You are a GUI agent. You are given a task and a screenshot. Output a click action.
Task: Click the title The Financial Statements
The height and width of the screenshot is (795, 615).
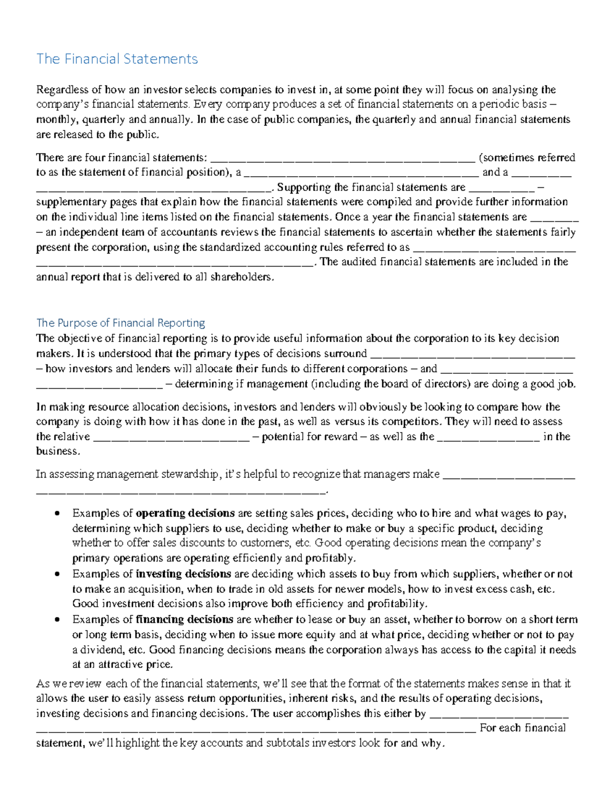pyautogui.click(x=117, y=59)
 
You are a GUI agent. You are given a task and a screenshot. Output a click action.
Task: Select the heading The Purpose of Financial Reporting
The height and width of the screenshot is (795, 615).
pyautogui.click(x=120, y=323)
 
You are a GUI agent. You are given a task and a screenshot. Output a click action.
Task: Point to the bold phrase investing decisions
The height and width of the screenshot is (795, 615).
pyautogui.click(x=183, y=574)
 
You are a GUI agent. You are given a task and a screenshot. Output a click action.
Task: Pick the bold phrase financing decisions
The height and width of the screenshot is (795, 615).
pyautogui.click(x=184, y=619)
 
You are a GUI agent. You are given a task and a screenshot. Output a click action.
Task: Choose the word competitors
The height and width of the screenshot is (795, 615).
pyautogui.click(x=415, y=422)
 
